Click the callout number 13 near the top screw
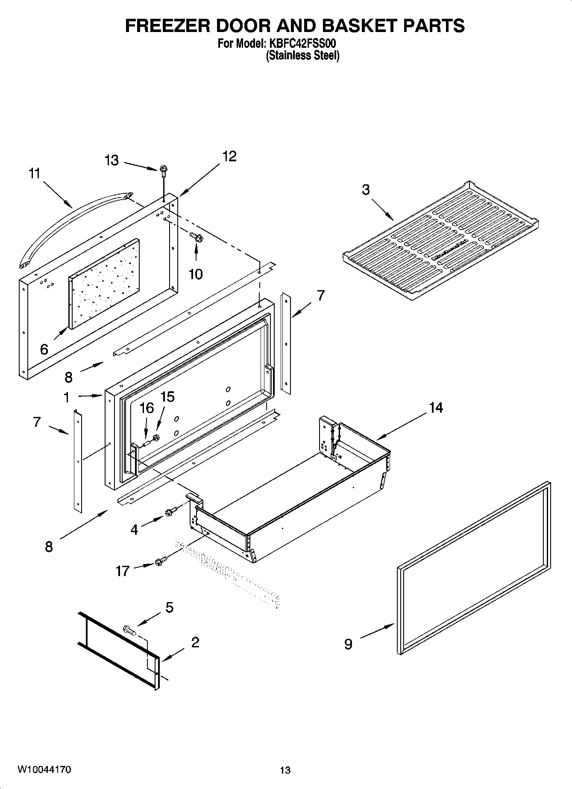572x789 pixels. [x=111, y=161]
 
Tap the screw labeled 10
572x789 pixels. [x=197, y=236]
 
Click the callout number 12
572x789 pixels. [x=229, y=156]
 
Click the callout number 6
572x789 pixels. [x=44, y=349]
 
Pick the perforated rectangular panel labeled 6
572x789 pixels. [x=104, y=284]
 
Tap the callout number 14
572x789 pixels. [x=436, y=408]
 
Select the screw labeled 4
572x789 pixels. [x=170, y=511]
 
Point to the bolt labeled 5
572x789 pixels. [x=129, y=629]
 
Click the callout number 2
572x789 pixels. [x=195, y=642]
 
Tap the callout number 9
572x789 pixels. [x=349, y=644]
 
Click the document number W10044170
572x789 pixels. [x=44, y=769]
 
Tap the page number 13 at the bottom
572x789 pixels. [x=285, y=770]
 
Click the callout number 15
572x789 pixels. [x=167, y=397]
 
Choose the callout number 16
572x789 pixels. [x=147, y=408]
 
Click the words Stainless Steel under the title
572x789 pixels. [x=302, y=55]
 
